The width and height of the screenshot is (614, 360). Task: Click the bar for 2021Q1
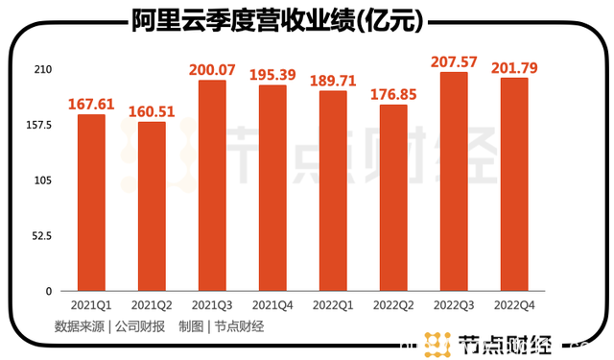[x=91, y=203]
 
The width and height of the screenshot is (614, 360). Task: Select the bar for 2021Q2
[x=152, y=206]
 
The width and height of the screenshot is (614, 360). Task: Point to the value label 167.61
[x=91, y=103]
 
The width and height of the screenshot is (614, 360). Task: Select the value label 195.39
[x=272, y=74]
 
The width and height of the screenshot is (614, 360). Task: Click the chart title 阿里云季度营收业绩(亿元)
[x=279, y=21]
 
